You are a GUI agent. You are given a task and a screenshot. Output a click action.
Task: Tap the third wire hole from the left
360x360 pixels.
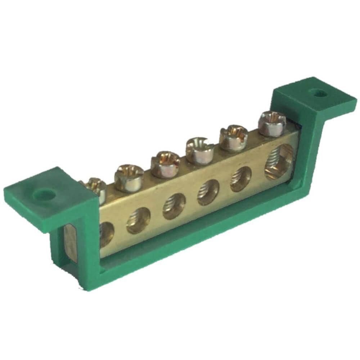pos(174,206)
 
